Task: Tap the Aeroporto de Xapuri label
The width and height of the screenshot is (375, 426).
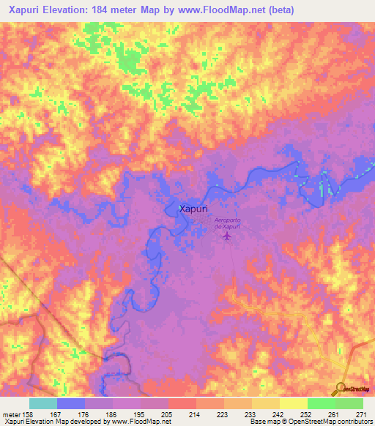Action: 228,225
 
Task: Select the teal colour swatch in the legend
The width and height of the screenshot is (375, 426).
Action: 43,403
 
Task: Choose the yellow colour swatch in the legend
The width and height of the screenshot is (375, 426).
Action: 293,403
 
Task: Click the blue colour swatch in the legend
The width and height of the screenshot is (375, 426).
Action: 71,403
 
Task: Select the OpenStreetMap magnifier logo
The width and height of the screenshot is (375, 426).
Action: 342,389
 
